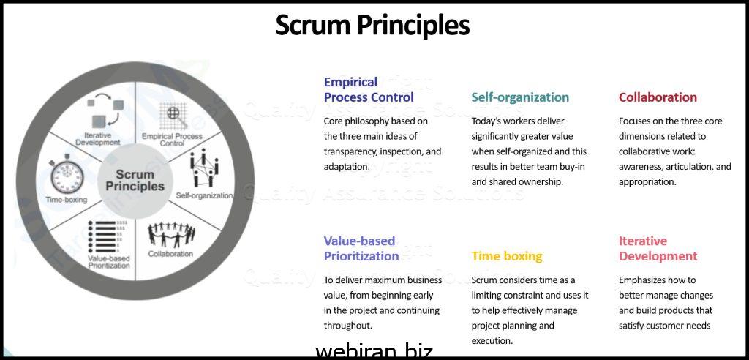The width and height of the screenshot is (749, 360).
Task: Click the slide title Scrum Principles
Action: pyautogui.click(x=372, y=25)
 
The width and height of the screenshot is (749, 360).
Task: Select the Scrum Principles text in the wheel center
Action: pyautogui.click(x=135, y=180)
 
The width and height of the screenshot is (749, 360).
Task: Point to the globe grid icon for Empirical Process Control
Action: pyautogui.click(x=173, y=116)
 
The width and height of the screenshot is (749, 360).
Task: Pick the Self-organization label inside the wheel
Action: pyautogui.click(x=205, y=195)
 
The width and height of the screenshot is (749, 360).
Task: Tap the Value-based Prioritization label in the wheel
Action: pyautogui.click(x=109, y=262)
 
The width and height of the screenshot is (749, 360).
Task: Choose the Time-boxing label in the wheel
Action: pyautogui.click(x=67, y=199)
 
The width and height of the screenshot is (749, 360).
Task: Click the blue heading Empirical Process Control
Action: pyautogui.click(x=369, y=89)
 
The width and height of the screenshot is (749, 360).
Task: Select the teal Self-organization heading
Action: pyautogui.click(x=520, y=97)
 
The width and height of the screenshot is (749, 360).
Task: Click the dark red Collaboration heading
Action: pyautogui.click(x=658, y=97)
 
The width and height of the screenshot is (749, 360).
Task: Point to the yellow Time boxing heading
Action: pyautogui.click(x=507, y=256)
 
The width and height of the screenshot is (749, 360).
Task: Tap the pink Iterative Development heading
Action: pyautogui.click(x=658, y=249)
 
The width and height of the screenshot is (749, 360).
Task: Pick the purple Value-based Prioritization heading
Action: pyautogui.click(x=361, y=249)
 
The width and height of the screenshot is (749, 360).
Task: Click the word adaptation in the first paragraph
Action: pyautogui.click(x=347, y=167)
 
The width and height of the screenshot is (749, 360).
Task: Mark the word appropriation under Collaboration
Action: pyautogui.click(x=647, y=182)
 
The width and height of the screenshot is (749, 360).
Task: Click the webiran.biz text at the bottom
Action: pyautogui.click(x=374, y=351)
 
